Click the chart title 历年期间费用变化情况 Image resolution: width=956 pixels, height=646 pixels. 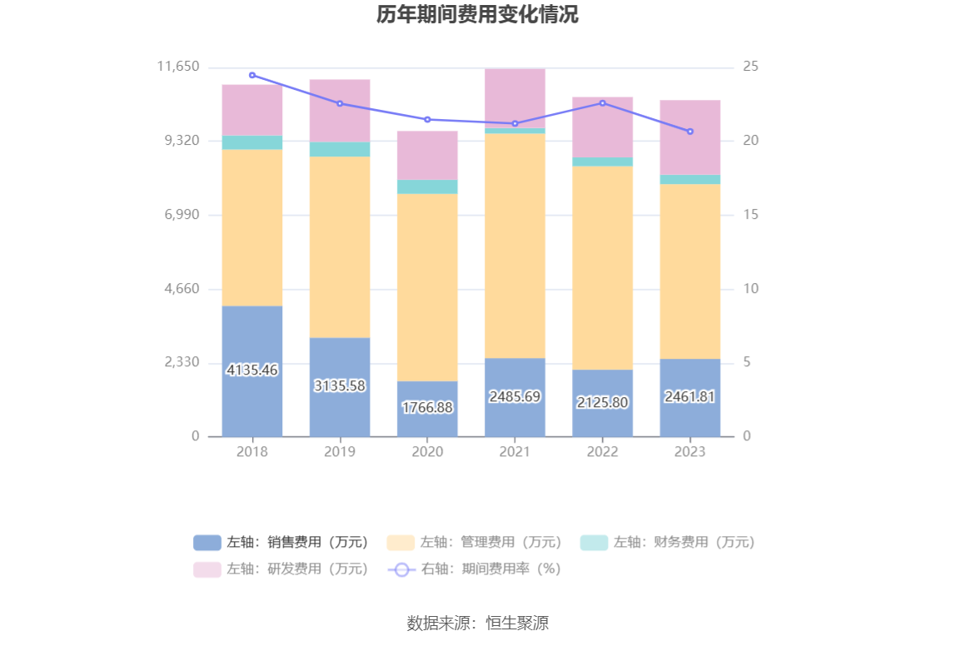[477, 15]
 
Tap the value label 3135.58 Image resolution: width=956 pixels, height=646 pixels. [340, 385]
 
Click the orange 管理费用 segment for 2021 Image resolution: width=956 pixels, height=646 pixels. [515, 246]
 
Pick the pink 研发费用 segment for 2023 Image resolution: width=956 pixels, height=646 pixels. [690, 137]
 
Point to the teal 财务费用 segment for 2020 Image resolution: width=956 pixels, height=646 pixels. [427, 186]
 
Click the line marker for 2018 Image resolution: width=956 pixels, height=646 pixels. [252, 75]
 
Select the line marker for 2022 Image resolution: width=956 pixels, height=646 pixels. [602, 103]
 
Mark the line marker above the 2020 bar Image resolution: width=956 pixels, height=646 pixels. [427, 119]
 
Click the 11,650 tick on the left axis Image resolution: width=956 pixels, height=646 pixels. [178, 67]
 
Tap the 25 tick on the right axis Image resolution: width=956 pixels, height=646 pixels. [750, 67]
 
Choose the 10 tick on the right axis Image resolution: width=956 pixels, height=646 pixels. [750, 289]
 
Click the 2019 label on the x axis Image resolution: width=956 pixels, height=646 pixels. [340, 451]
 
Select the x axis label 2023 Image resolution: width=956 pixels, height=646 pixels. [690, 451]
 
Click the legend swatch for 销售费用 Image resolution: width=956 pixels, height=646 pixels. [207, 543]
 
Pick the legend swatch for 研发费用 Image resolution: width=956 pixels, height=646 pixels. [207, 569]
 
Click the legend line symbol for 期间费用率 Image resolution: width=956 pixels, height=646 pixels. [401, 569]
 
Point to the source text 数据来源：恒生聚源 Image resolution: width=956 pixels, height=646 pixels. [477, 623]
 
